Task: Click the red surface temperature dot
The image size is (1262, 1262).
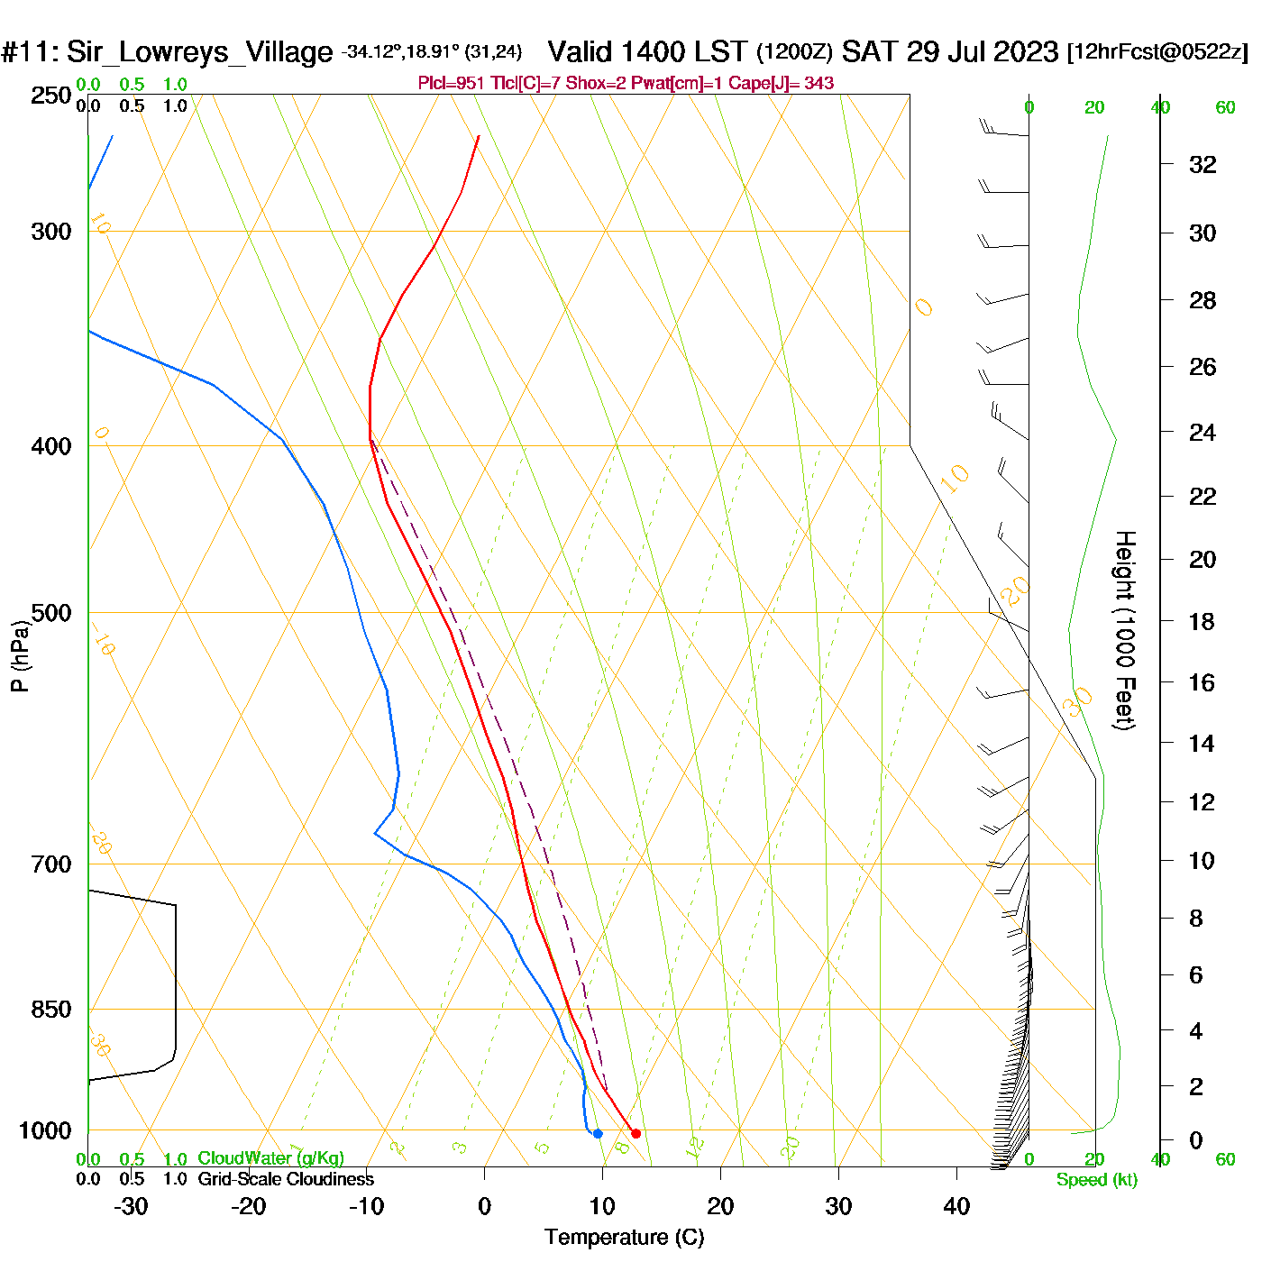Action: tap(636, 1133)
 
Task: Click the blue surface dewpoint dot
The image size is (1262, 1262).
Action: tap(598, 1133)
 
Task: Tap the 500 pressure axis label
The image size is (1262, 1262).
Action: tap(51, 613)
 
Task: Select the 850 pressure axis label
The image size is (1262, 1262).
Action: tap(51, 1010)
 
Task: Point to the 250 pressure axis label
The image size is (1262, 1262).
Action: tap(51, 96)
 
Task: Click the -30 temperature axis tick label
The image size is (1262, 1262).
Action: tap(131, 1206)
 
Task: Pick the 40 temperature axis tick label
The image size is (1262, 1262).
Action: tap(956, 1206)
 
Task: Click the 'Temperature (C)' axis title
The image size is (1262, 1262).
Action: tap(624, 1237)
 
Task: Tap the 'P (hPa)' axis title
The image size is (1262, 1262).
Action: tap(20, 656)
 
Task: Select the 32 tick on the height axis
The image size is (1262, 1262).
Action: tap(1203, 164)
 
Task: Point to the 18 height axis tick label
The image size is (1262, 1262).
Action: tap(1202, 621)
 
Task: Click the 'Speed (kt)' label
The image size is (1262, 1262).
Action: tap(1097, 1180)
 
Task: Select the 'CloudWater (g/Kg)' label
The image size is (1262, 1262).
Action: tap(270, 1158)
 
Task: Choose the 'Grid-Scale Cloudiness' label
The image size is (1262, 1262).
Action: tap(286, 1179)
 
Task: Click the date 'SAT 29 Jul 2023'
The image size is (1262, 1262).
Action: tap(949, 51)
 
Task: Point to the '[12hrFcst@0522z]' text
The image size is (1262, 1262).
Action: tap(1157, 51)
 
